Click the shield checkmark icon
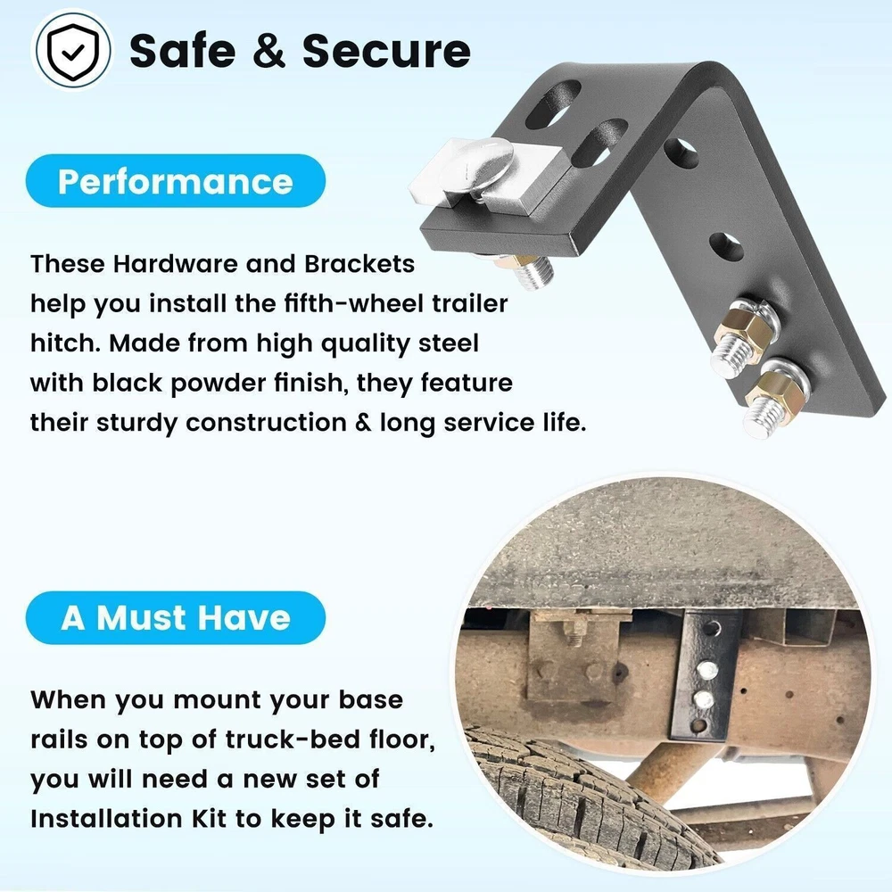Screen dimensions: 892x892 71,50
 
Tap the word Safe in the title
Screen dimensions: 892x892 183,51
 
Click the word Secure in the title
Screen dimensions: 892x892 386,51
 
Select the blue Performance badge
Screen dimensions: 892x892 175,181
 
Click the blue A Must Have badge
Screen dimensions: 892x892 175,618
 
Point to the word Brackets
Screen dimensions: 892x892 359,264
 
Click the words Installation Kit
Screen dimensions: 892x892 128,819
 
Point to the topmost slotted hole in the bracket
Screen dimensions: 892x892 553,103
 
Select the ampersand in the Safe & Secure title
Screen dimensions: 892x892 269,51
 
